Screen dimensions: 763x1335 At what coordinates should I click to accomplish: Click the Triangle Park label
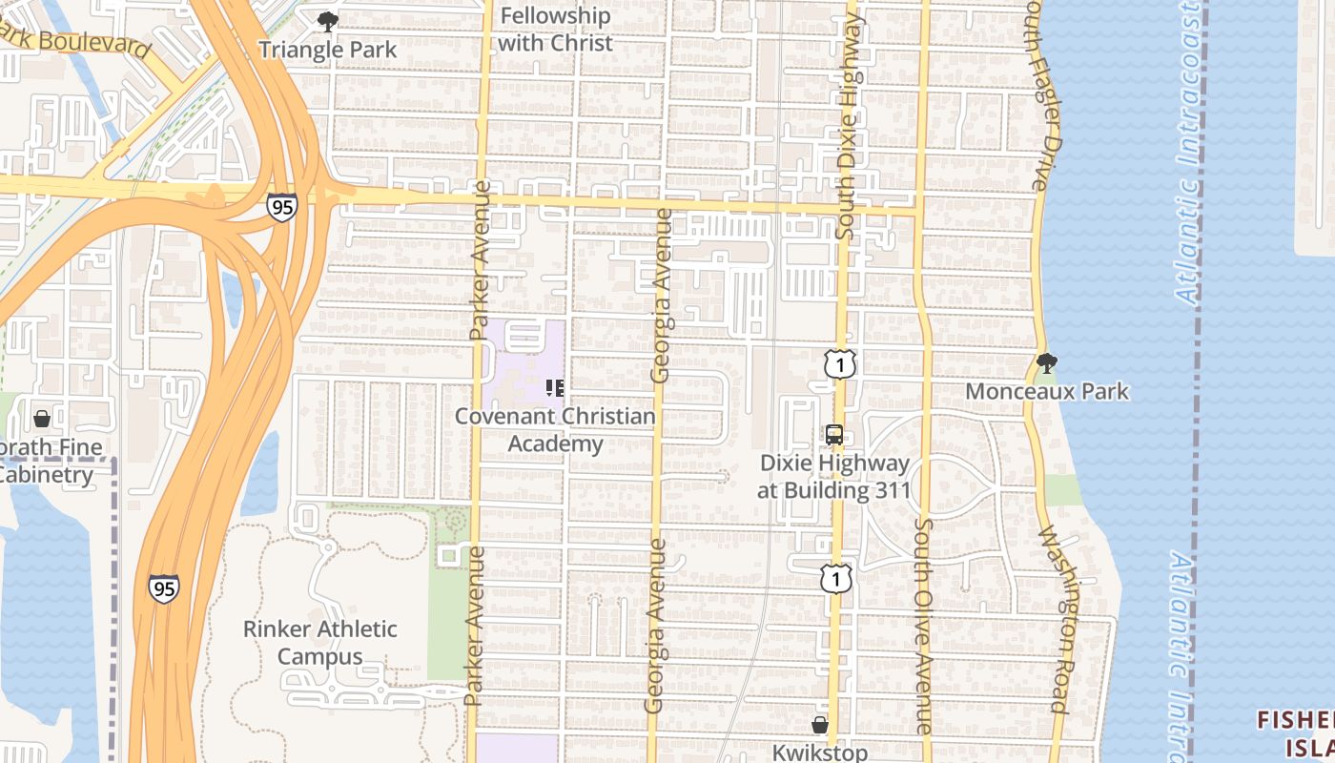coord(327,50)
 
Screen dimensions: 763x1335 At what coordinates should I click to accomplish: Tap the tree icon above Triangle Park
coord(327,21)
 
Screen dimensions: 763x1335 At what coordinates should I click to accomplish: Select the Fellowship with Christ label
coord(555,30)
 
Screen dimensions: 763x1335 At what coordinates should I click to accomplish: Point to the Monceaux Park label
coord(1047,391)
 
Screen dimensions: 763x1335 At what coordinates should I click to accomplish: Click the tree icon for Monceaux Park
coord(1046,362)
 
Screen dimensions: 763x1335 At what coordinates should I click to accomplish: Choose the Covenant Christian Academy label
coord(555,430)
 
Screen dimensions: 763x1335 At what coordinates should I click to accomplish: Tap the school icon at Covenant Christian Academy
coord(554,387)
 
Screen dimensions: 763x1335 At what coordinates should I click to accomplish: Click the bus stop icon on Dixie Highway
coord(834,435)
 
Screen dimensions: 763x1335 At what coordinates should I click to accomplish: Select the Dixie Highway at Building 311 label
coord(834,477)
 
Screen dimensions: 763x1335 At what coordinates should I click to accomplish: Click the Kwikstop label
coord(820,752)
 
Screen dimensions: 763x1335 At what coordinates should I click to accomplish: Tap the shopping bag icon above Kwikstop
coord(820,725)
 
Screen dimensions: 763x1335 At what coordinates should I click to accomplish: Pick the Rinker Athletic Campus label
coord(320,643)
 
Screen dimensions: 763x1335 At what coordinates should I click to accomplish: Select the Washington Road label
coord(1058,620)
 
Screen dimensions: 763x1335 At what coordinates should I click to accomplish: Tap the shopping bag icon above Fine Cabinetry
coord(42,419)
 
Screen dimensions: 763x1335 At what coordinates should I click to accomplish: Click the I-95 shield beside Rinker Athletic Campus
coord(164,588)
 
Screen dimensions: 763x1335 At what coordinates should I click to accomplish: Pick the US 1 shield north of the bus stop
coord(839,363)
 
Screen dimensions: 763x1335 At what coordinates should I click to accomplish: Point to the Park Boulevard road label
coord(76,37)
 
